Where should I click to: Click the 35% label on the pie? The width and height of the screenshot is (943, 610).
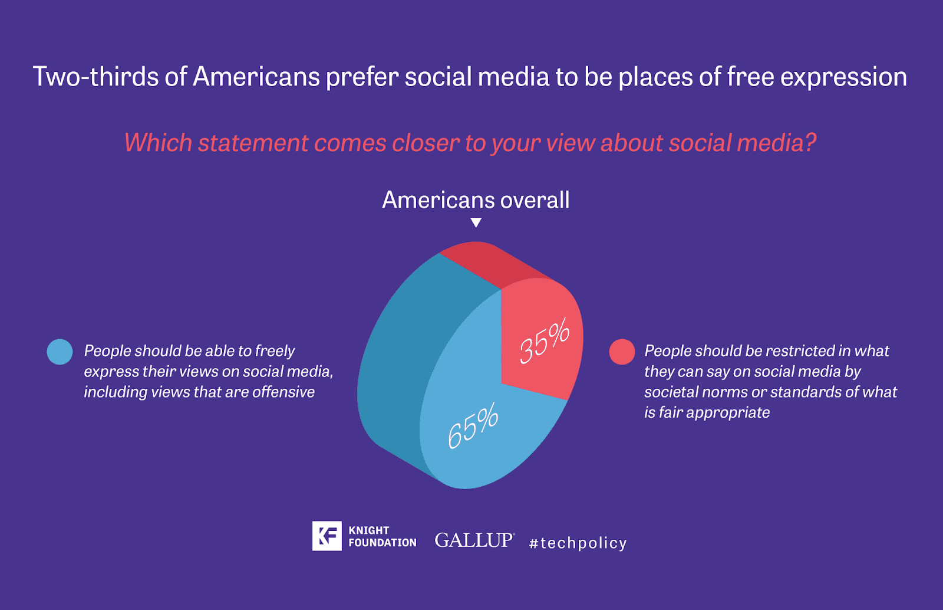pos(545,341)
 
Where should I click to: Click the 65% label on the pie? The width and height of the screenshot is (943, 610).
pos(473,425)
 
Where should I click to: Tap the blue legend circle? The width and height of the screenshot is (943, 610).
pos(60,352)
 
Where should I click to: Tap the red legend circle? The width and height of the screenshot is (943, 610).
pos(622,352)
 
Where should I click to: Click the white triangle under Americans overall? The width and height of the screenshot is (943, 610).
pos(476,222)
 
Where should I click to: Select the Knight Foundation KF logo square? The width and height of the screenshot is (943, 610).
pos(327,536)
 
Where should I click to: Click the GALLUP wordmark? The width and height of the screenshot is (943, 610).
pos(474,540)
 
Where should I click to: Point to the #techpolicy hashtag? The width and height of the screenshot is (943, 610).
pos(578,543)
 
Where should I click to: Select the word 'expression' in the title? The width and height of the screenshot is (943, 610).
pos(843,78)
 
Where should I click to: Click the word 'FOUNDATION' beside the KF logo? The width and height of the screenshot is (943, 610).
pos(383,543)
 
